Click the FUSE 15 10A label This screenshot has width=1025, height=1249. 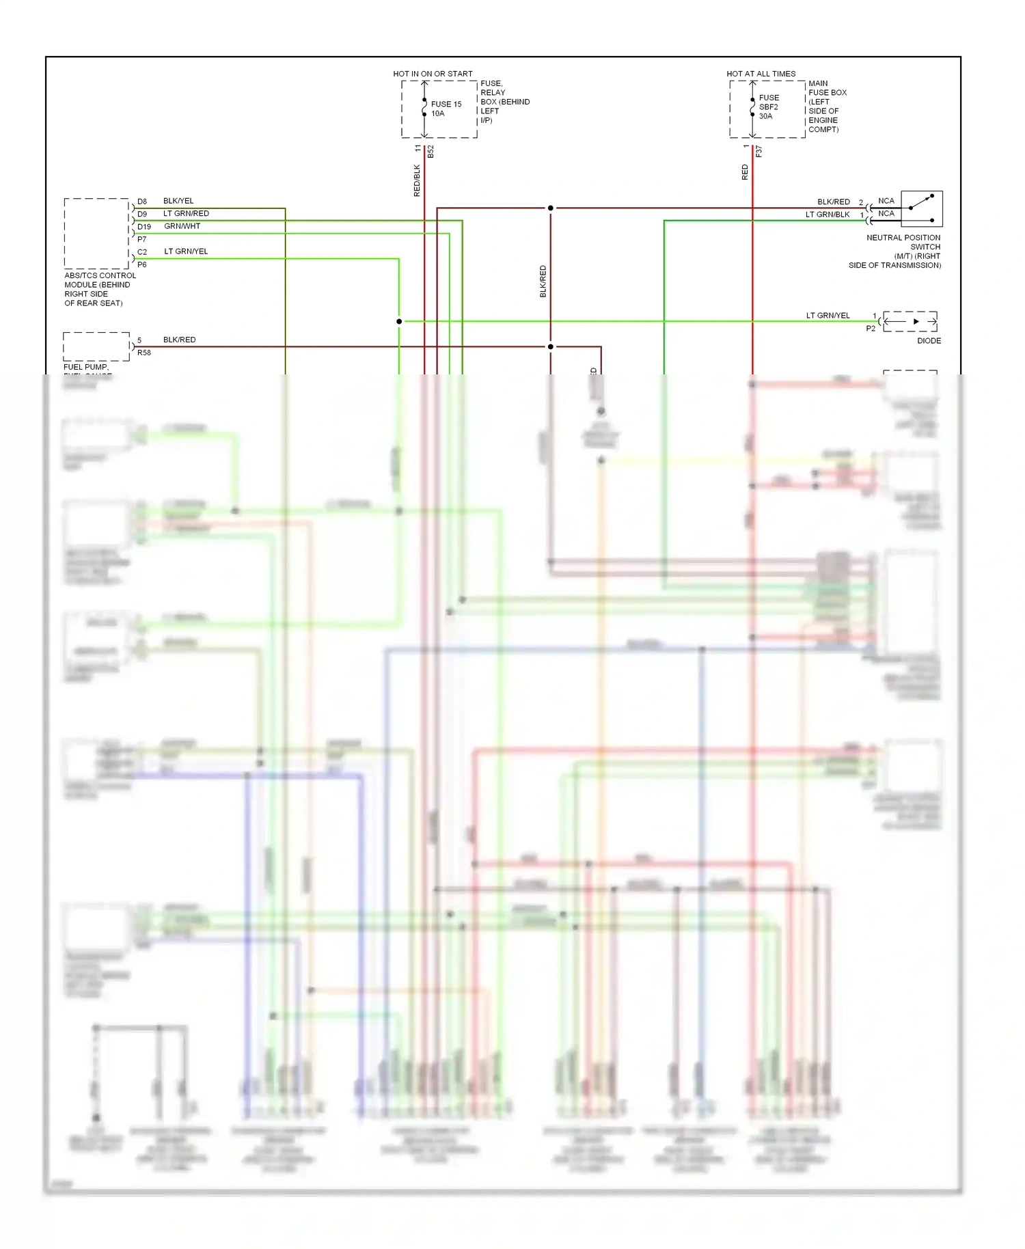tap(446, 109)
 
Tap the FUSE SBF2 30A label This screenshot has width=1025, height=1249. tap(769, 107)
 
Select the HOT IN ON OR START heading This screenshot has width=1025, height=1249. tap(433, 74)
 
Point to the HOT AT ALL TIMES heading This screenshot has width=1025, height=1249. tap(761, 74)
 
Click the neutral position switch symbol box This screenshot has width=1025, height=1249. tap(922, 208)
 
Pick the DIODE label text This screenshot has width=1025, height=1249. tap(929, 340)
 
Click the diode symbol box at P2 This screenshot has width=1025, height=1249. tap(910, 321)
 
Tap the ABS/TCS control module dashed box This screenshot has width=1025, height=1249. tap(96, 234)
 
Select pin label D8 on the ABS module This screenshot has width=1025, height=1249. tap(142, 202)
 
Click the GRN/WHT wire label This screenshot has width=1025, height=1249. tap(182, 226)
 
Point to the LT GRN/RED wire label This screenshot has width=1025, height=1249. tap(186, 214)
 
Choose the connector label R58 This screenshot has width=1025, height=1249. tap(144, 353)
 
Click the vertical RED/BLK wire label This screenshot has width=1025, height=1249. tap(417, 180)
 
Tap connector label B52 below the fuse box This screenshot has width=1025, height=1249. tap(430, 152)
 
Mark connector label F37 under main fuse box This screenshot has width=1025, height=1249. tap(758, 152)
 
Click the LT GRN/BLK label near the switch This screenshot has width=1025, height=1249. tap(828, 215)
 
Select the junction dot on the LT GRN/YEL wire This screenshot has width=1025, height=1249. tap(399, 321)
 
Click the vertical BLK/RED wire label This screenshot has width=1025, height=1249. tap(543, 281)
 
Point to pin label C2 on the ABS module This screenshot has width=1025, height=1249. tap(142, 252)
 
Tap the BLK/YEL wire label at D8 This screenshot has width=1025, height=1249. tap(178, 201)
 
